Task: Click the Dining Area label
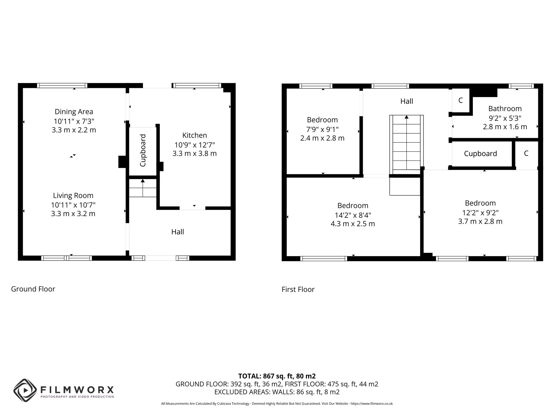click(x=74, y=112)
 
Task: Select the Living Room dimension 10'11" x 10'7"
click(x=73, y=205)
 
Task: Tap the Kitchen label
click(x=194, y=135)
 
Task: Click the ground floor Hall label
click(x=178, y=232)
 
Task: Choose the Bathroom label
click(x=505, y=109)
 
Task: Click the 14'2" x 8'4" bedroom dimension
click(x=353, y=215)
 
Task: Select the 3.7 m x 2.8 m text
click(x=480, y=221)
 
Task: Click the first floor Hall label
click(x=406, y=101)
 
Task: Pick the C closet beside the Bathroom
click(x=460, y=100)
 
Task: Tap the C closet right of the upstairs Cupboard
click(x=526, y=154)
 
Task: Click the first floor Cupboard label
click(x=480, y=154)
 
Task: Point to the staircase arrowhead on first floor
click(x=406, y=117)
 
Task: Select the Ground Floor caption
click(x=33, y=289)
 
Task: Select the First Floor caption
click(x=298, y=289)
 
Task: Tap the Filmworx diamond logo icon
click(x=25, y=390)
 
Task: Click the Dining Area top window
click(x=62, y=85)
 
